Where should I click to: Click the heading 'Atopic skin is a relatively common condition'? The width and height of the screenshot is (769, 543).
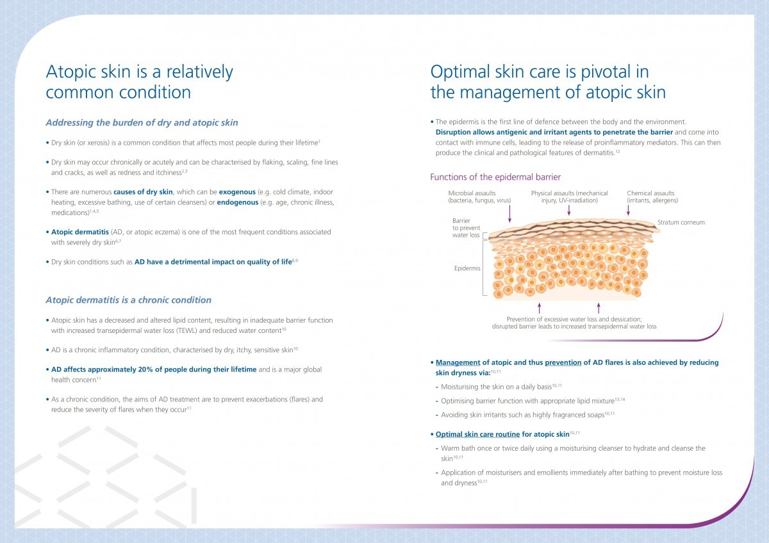pyautogui.click(x=140, y=82)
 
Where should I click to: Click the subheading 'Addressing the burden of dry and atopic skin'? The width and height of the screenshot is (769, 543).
pyautogui.click(x=142, y=123)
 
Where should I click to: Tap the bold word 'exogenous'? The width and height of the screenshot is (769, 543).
pyautogui.click(x=237, y=192)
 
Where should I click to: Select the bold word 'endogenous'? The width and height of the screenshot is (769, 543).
pyautogui.click(x=238, y=202)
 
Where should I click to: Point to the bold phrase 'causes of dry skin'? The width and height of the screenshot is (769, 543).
pyautogui.click(x=143, y=192)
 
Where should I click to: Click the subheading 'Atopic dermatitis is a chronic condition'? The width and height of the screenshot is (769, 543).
pyautogui.click(x=128, y=300)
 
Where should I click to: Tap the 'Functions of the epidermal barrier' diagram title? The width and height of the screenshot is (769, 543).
pyautogui.click(x=495, y=177)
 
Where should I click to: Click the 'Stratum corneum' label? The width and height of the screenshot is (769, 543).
pyautogui.click(x=681, y=222)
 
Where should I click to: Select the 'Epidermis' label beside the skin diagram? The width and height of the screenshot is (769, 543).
pyautogui.click(x=467, y=268)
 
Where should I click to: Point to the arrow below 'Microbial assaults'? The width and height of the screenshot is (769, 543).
pyautogui.click(x=509, y=214)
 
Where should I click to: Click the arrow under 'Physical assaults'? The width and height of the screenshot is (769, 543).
pyautogui.click(x=569, y=211)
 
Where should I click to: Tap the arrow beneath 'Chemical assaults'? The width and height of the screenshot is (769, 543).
pyautogui.click(x=628, y=211)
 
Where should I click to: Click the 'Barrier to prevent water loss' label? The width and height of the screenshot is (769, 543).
pyautogui.click(x=467, y=228)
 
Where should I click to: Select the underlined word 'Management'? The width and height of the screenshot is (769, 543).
pyautogui.click(x=458, y=362)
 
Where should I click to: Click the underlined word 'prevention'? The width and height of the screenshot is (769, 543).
pyautogui.click(x=563, y=362)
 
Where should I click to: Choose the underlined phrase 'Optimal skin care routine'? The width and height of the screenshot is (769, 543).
pyautogui.click(x=477, y=434)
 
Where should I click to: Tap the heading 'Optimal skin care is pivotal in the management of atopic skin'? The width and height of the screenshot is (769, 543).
pyautogui.click(x=548, y=82)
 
